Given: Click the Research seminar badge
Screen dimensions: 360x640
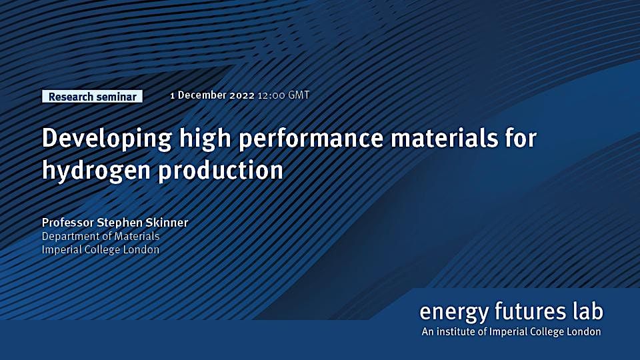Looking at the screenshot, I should pyautogui.click(x=92, y=97).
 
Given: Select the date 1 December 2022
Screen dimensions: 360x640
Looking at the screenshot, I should pyautogui.click(x=212, y=95).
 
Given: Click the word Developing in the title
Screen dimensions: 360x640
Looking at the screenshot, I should pyautogui.click(x=105, y=139).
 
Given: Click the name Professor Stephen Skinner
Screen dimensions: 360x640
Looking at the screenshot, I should pyautogui.click(x=115, y=222).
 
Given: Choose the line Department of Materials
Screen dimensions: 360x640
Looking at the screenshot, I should pyautogui.click(x=101, y=236).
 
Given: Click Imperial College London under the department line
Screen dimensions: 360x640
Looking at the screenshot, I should pyautogui.click(x=101, y=250).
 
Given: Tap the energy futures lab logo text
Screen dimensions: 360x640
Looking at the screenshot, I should pyautogui.click(x=511, y=311).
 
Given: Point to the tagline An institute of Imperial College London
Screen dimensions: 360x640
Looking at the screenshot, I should pyautogui.click(x=511, y=331).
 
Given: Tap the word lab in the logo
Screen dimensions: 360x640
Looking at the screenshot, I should pyautogui.click(x=588, y=311).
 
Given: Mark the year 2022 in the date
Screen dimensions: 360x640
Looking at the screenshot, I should pyautogui.click(x=242, y=95).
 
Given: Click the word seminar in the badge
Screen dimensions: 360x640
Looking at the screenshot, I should pyautogui.click(x=116, y=97).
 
